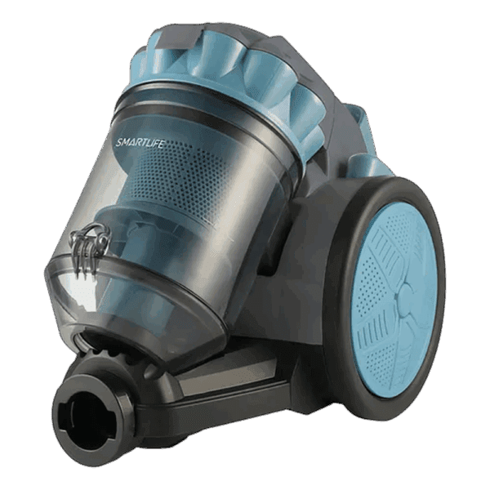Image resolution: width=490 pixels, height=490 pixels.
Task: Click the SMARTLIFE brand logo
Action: pos(139,142)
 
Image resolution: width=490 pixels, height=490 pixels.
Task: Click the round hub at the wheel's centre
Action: pos(404,295)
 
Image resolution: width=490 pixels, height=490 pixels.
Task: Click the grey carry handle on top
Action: pos(175,37)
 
